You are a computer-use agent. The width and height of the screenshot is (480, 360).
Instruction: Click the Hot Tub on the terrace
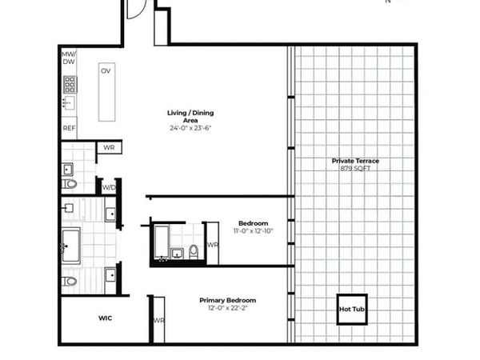coord(353,309)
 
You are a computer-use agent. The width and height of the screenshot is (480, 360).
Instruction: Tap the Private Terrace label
coord(355,161)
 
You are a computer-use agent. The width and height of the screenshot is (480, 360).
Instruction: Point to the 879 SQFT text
coord(355,168)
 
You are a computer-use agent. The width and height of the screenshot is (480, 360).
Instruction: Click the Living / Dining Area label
coord(190,116)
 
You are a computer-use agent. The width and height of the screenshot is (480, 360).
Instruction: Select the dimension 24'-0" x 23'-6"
coord(190,128)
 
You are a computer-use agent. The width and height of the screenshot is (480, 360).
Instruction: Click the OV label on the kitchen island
coord(106,71)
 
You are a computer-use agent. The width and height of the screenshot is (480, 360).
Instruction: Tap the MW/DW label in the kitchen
coord(69,58)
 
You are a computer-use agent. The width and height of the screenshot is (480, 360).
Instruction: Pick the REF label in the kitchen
coord(69,127)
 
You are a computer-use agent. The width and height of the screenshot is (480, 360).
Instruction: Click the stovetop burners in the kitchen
coord(70,84)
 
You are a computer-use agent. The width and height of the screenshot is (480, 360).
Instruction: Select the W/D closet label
coord(107,187)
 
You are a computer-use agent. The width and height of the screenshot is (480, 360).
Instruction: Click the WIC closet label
coord(105,318)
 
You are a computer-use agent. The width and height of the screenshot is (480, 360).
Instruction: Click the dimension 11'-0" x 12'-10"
coord(253,231)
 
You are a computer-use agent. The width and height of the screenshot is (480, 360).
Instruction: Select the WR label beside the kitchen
coord(109,148)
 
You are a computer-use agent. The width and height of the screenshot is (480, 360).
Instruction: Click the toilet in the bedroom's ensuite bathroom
coord(194,254)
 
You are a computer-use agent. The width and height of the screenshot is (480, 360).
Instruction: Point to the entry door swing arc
coord(135,10)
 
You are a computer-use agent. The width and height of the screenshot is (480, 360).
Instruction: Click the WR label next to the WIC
coord(158,320)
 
